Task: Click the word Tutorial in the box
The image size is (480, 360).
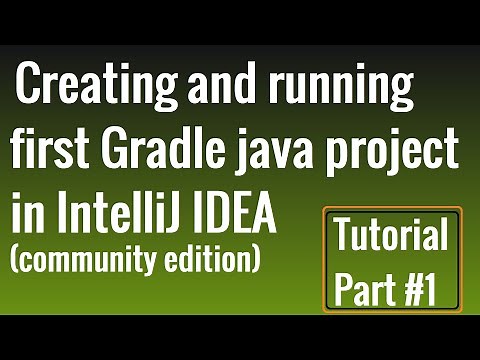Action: pos(391,237)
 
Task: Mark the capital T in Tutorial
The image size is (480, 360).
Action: pos(343,237)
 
